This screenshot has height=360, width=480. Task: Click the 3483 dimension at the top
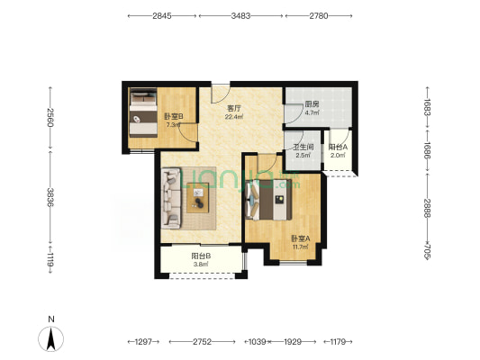pyautogui.click(x=240, y=15)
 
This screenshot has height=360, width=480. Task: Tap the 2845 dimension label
pyautogui.click(x=162, y=15)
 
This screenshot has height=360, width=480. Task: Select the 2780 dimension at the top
pyautogui.click(x=319, y=15)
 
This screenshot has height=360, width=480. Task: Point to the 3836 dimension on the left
pyautogui.click(x=50, y=197)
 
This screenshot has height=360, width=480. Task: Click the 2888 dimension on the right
pyautogui.click(x=428, y=208)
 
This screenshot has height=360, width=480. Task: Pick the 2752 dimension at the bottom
pyautogui.click(x=202, y=342)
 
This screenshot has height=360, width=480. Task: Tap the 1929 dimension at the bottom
pyautogui.click(x=293, y=342)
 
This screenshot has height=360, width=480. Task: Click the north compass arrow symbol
pyautogui.click(x=50, y=338)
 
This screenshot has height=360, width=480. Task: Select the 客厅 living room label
pyautogui.click(x=234, y=108)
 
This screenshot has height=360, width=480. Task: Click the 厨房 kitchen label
pyautogui.click(x=312, y=104)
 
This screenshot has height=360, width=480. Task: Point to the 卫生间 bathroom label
pyautogui.click(x=303, y=148)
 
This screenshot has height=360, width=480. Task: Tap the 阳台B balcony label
pyautogui.click(x=201, y=256)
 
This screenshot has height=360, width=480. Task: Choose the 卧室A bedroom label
pyautogui.click(x=301, y=238)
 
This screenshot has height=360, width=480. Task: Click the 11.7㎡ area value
pyautogui.click(x=300, y=247)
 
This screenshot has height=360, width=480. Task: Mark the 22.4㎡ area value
pyautogui.click(x=234, y=116)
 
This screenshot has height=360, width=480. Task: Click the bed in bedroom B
pyautogui.click(x=143, y=112)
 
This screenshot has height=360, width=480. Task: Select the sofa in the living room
pyautogui.click(x=171, y=198)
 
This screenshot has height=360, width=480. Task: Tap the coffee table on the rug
pyautogui.click(x=198, y=198)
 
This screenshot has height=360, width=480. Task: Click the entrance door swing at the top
pyautogui.click(x=220, y=94)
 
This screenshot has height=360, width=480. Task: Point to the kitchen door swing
pyautogui.click(x=293, y=113)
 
